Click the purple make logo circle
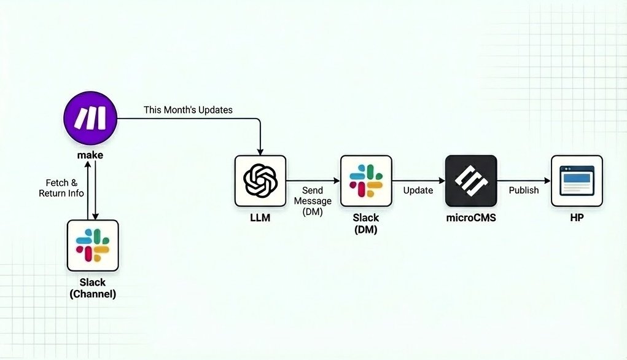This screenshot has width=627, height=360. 90,117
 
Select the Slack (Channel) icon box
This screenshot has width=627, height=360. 93,245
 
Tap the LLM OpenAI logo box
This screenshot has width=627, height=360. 260,181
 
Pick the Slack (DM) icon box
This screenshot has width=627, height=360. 366,181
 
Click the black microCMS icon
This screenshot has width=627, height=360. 471,181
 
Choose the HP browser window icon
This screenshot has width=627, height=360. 577,181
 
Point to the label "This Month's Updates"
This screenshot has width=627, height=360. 188,110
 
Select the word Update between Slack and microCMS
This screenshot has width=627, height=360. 418,190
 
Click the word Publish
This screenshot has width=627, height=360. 524,190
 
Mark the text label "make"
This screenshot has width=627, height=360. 90,155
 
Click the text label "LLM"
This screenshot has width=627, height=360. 260,218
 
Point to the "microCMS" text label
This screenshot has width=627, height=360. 471,218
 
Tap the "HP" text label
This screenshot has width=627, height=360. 577,218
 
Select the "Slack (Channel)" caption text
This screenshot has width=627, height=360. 93,288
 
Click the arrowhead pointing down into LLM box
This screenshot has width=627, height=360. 261,151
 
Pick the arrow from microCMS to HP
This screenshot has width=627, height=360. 524,181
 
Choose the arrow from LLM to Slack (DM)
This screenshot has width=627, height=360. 313,181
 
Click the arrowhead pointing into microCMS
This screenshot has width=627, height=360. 442,181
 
